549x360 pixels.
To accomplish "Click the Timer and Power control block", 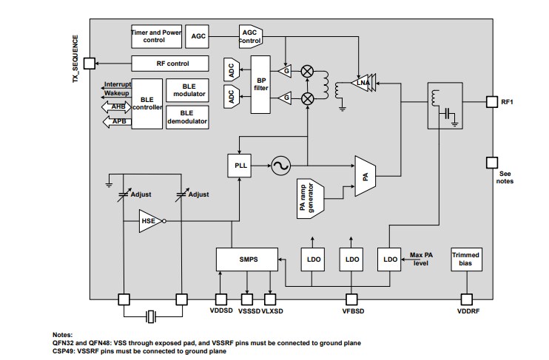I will pyautogui.click(x=156, y=36).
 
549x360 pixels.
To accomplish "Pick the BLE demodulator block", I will pyautogui.click(x=187, y=118).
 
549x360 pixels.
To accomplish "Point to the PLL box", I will pyautogui.click(x=239, y=166).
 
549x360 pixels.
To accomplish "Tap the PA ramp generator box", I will pyautogui.click(x=312, y=197).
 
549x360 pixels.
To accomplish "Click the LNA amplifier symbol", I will pyautogui.click(x=363, y=82).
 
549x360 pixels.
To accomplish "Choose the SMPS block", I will pyautogui.click(x=246, y=259).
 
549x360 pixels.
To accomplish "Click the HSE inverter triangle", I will pyautogui.click(x=150, y=220).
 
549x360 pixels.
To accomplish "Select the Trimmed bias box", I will pyautogui.click(x=466, y=259).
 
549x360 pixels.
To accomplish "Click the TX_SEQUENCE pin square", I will pyautogui.click(x=89, y=64).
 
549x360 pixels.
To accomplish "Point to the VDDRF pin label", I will pyautogui.click(x=466, y=312).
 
